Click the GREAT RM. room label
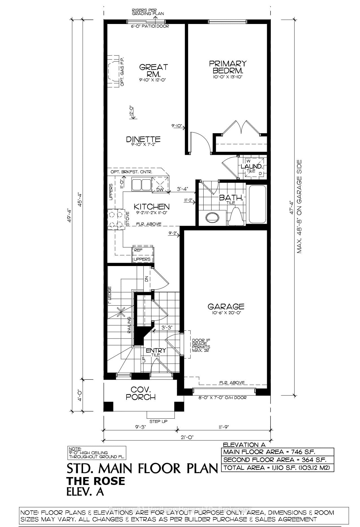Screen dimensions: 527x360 coord(154,71)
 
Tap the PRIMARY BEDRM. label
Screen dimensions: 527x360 coord(228,67)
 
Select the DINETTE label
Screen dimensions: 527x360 coord(143,139)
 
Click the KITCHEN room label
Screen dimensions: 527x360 coord(151,207)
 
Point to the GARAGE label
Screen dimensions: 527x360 coord(226,306)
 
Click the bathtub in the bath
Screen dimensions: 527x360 coord(257,204)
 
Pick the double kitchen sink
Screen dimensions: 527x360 coord(141,185)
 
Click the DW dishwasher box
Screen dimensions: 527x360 coord(160,190)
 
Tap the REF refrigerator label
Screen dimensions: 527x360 coord(138,250)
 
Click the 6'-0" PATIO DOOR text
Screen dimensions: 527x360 coord(150,26)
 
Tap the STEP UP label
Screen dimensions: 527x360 coord(158,421)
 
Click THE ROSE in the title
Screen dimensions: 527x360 coord(95,481)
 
